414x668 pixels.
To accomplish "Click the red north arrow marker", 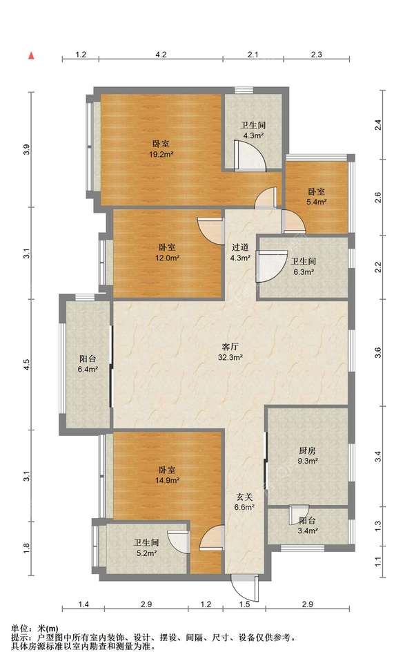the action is point(31,56).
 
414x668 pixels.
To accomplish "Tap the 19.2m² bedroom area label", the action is point(161,149).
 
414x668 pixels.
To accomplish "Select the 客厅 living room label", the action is point(230,346).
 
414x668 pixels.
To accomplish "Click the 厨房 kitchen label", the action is point(308,450).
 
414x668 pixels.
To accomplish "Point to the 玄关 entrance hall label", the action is point(245,497).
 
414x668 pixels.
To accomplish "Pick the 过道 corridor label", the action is point(240,247).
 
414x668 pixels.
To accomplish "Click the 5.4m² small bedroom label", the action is point(317,198).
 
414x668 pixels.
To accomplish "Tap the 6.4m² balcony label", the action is point(88,364).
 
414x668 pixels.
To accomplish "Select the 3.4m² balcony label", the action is point(308,526).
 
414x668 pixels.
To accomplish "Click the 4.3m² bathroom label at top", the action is point(253,131).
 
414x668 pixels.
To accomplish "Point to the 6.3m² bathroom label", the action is point(304,267).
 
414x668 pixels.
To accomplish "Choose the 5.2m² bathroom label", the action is point(146,548).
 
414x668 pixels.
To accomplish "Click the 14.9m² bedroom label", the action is point(167,475).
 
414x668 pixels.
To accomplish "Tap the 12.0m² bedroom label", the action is point(167,252).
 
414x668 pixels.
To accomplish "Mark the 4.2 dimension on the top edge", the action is point(161,55).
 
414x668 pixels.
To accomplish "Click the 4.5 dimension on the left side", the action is point(26,365).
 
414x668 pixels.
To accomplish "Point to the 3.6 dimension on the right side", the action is point(378,353).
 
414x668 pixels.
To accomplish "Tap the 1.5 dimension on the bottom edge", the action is point(245,604).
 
